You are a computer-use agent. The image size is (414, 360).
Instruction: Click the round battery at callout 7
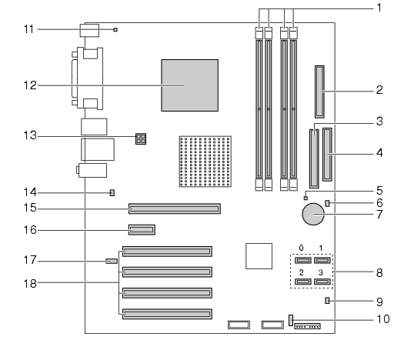[313, 214]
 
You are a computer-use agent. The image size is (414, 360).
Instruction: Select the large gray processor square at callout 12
[190, 85]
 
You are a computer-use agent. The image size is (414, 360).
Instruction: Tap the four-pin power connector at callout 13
[141, 138]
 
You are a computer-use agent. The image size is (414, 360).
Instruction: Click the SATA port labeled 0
[303, 261]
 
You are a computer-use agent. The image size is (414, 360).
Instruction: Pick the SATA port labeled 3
[322, 282]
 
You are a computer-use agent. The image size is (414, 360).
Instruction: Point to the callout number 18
[30, 283]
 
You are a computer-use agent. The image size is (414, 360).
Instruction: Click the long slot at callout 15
[175, 208]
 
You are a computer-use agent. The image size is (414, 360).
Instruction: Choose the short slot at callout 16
[142, 230]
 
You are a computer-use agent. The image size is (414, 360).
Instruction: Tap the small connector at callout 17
[112, 261]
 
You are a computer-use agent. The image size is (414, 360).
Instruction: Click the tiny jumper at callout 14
[112, 193]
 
